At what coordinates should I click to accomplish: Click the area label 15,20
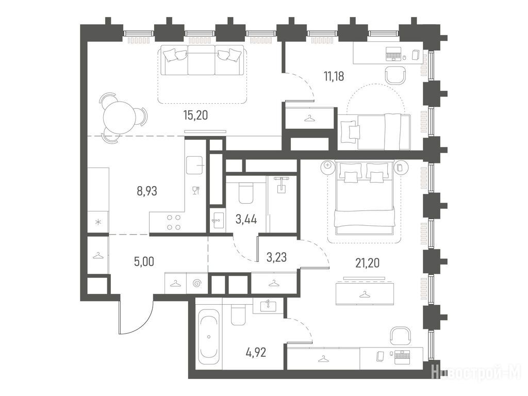pyautogui.click(x=195, y=115)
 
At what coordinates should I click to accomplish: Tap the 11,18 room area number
pyautogui.click(x=334, y=76)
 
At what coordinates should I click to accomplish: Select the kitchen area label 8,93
pyautogui.click(x=147, y=191)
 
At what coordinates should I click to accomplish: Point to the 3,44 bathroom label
pyautogui.click(x=246, y=220)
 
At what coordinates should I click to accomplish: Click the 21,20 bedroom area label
pyautogui.click(x=367, y=262)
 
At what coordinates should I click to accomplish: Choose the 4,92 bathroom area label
pyautogui.click(x=255, y=353)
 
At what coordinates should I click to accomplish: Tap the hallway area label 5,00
pyautogui.click(x=144, y=261)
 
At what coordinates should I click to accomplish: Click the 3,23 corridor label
pyautogui.click(x=276, y=257)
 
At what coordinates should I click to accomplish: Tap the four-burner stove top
pyautogui.click(x=173, y=222)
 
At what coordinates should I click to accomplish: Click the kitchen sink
pyautogui.click(x=194, y=165)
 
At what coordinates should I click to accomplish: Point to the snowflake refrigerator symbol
pyautogui.click(x=98, y=222)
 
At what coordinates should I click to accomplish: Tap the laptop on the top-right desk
pyautogui.click(x=393, y=54)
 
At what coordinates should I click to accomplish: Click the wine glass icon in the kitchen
pyautogui.click(x=195, y=191)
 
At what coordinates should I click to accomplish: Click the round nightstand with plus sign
pyautogui.click(x=327, y=166)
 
